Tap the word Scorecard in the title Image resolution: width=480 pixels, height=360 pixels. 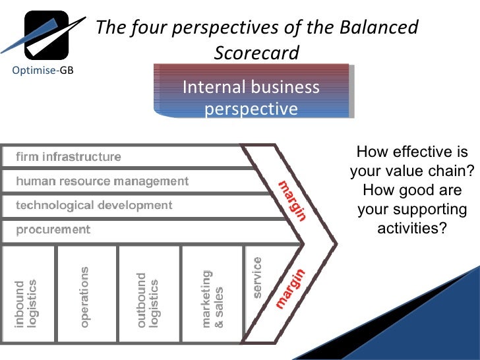(x=256, y=52)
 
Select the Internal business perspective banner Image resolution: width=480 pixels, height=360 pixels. (x=251, y=97)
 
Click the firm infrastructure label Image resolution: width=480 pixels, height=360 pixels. (x=69, y=157)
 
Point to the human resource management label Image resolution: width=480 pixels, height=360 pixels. (x=102, y=181)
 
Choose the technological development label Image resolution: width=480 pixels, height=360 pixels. (x=94, y=205)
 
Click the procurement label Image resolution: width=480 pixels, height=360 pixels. (x=53, y=229)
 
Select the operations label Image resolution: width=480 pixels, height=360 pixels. (x=86, y=297)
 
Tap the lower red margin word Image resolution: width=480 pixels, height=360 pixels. (x=290, y=288)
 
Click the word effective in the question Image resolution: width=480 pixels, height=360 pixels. (x=422, y=152)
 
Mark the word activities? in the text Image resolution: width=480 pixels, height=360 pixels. (x=411, y=228)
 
